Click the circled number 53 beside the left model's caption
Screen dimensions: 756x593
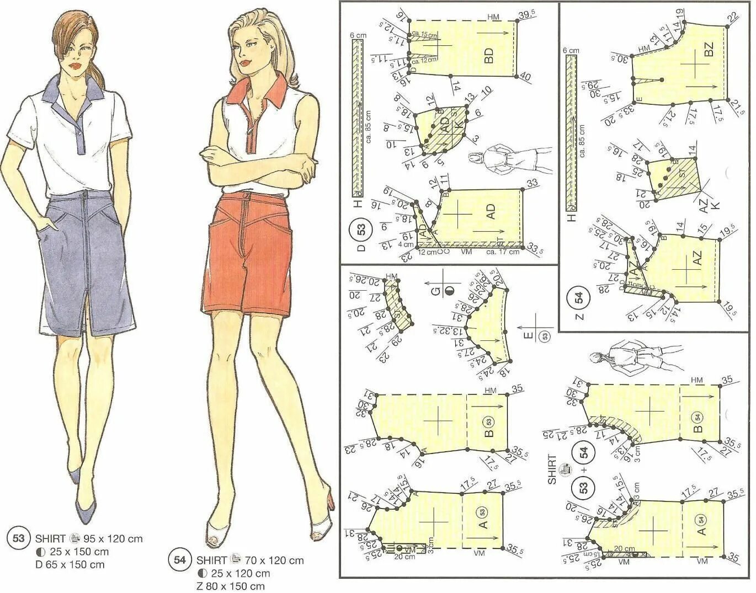[19, 538]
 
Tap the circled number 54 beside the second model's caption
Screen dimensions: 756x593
[180, 560]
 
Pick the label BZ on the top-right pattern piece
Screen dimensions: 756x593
[709, 49]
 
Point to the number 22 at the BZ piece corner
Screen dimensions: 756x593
[732, 18]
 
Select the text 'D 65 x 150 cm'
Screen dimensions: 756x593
[70, 564]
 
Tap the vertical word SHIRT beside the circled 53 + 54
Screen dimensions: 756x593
[552, 469]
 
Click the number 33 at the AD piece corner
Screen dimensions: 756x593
[532, 183]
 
